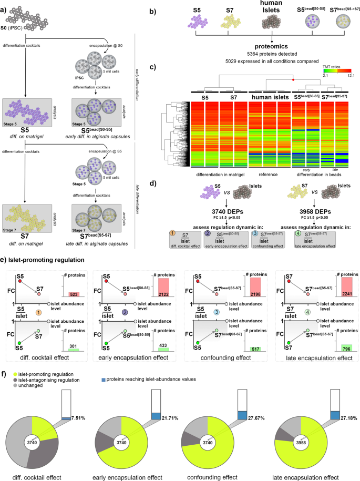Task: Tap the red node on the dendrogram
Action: point(293,78)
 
